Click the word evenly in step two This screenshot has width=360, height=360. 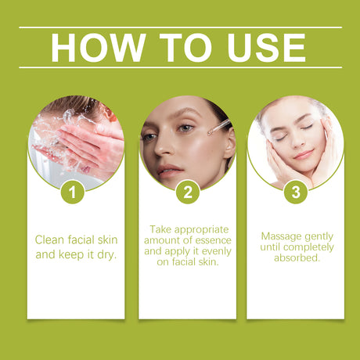211,251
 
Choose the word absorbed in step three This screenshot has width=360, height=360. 297,257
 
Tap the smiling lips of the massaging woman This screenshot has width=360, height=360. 301,154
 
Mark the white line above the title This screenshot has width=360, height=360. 180,27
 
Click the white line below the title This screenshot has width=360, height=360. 180,67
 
